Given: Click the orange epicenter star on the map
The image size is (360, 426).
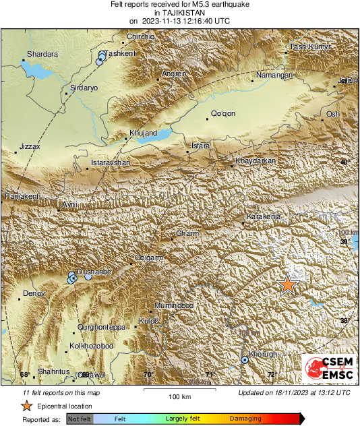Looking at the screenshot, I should click(288, 284).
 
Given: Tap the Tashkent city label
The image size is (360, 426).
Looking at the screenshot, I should click(121, 53).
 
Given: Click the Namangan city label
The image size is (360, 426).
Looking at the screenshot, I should click(275, 75).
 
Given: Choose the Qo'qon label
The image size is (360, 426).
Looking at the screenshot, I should click(223, 114).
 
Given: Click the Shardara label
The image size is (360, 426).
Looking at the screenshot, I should click(42, 54).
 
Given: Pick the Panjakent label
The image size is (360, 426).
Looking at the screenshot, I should click(22, 195).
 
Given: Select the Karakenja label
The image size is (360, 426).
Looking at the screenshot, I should click(263, 217).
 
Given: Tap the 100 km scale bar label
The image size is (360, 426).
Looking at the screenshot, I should click(179, 396).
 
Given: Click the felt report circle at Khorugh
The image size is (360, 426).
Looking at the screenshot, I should click(245, 361).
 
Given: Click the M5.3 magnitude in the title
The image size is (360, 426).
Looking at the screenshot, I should click(174, 5).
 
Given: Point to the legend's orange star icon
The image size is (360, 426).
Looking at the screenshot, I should click(26, 406).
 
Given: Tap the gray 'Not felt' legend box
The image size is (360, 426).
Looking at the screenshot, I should click(80, 419).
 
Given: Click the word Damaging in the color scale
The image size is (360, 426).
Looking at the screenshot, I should click(246, 419).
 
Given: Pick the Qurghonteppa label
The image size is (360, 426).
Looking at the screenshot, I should click(102, 327).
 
